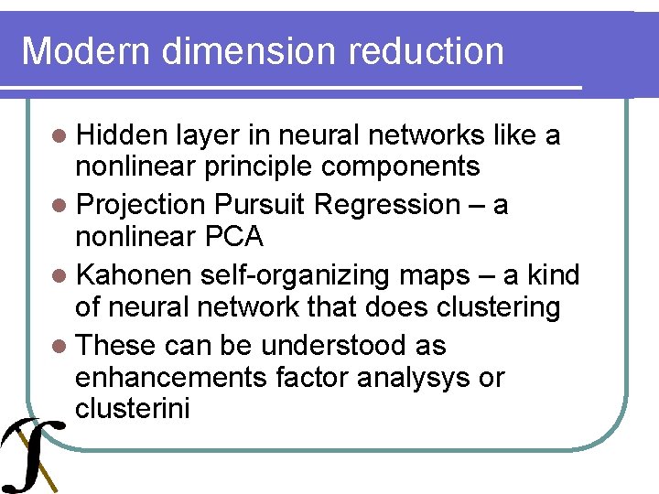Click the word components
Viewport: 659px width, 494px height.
[405, 166]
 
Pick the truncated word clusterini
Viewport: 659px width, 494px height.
[133, 408]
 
